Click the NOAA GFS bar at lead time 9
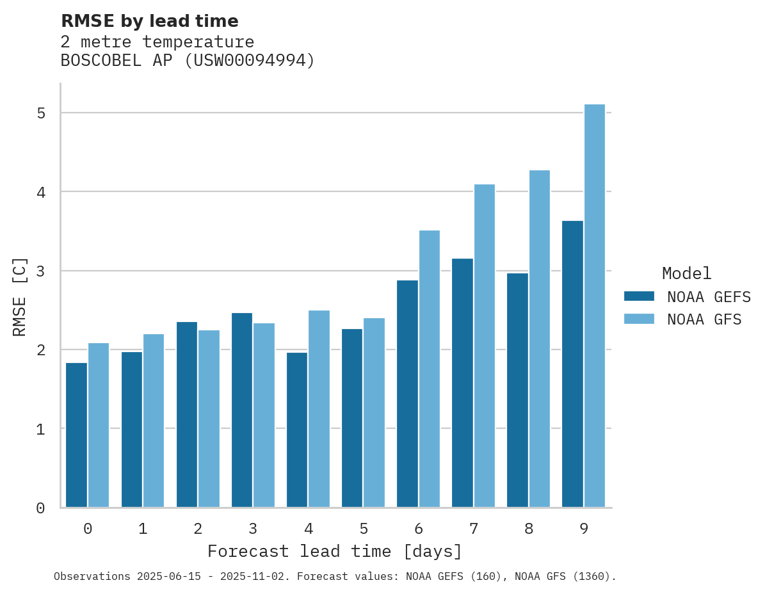click(x=595, y=306)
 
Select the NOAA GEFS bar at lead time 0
click(x=76, y=435)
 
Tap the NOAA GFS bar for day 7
click(x=485, y=346)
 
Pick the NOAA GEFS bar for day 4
click(x=297, y=430)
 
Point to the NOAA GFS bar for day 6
click(x=430, y=369)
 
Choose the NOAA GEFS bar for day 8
click(x=517, y=390)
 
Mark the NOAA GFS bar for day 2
click(x=209, y=419)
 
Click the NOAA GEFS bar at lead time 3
click(x=242, y=410)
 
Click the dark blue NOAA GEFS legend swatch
click(x=639, y=296)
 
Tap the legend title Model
click(x=686, y=274)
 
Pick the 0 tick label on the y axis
click(x=40, y=508)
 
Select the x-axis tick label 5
click(x=364, y=529)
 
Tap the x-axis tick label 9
click(x=584, y=529)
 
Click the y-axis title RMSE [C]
click(x=20, y=296)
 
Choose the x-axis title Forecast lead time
click(x=334, y=552)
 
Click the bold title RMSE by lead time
click(x=150, y=21)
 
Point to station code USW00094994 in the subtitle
click(x=250, y=61)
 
